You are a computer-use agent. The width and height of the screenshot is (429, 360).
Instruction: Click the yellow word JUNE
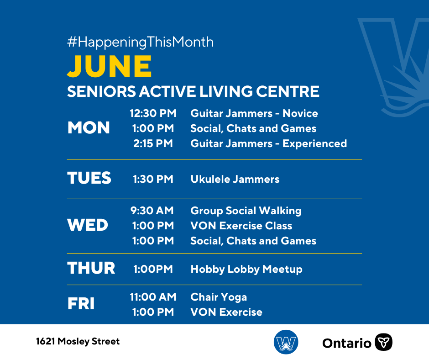pyautogui.click(x=109, y=66)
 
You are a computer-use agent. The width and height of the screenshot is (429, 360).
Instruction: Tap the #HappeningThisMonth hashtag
pyautogui.click(x=141, y=42)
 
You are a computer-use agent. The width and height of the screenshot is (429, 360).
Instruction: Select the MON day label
pyautogui.click(x=89, y=127)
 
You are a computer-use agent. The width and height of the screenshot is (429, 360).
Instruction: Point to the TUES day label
pyautogui.click(x=89, y=178)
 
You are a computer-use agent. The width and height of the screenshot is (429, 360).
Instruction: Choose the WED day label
pyautogui.click(x=88, y=225)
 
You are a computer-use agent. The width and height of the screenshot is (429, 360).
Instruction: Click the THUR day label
pyautogui.click(x=91, y=268)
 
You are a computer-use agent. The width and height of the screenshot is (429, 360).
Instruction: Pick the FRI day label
pyautogui.click(x=81, y=303)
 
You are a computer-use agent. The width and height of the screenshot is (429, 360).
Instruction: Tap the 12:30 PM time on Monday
pyautogui.click(x=153, y=113)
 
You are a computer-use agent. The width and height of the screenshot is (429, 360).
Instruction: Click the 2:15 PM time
pyautogui.click(x=153, y=143)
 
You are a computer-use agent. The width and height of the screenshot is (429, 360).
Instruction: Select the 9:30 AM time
pyautogui.click(x=152, y=211)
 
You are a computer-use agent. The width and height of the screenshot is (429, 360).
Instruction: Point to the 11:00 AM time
pyautogui.click(x=153, y=296)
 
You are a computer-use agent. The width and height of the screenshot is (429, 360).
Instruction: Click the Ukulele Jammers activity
pyautogui.click(x=235, y=179)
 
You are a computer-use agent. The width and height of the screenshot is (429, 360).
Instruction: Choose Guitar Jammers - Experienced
pyautogui.click(x=269, y=143)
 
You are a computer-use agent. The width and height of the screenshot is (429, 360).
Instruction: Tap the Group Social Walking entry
pyautogui.click(x=246, y=211)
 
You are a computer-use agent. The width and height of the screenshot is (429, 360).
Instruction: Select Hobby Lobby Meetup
pyautogui.click(x=246, y=270)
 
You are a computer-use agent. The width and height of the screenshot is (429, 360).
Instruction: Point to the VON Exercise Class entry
pyautogui.click(x=241, y=226)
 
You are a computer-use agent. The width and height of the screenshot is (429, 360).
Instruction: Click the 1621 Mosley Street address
pyautogui.click(x=78, y=341)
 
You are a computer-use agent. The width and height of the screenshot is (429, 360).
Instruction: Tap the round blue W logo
pyautogui.click(x=286, y=342)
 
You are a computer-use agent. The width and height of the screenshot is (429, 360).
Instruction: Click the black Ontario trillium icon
pyautogui.click(x=383, y=342)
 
